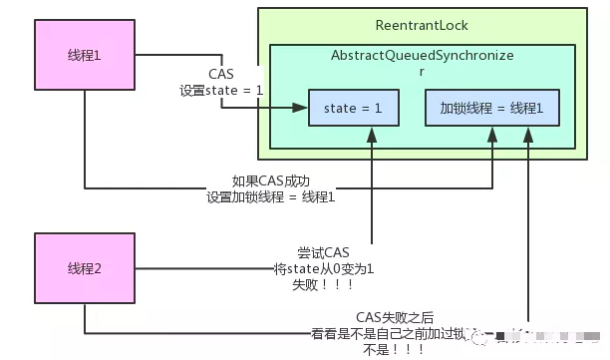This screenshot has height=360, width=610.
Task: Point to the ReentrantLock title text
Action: pos(423,24)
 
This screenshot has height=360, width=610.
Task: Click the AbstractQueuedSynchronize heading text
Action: pos(423,56)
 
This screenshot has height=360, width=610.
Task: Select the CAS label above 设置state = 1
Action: pos(221,75)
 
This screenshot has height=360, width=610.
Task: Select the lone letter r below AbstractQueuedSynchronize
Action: pos(423,72)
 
